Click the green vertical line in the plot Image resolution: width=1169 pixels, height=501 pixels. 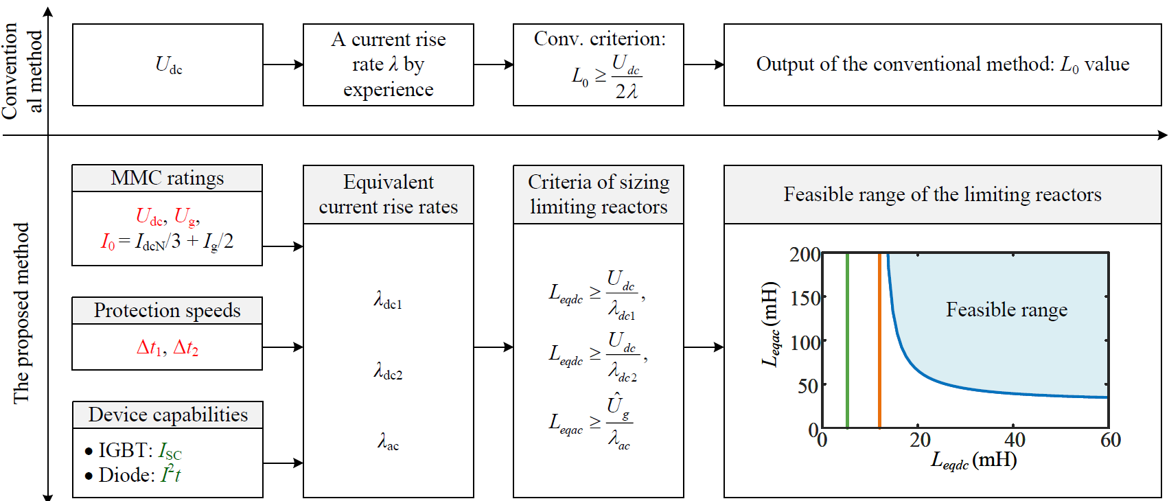(848, 343)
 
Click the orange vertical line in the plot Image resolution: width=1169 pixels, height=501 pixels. (879, 343)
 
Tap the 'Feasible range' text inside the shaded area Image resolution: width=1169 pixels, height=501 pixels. (1006, 310)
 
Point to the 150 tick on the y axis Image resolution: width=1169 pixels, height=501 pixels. (805, 298)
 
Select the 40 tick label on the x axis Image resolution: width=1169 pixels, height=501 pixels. (1015, 440)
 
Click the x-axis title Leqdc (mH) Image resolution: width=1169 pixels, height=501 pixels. (973, 460)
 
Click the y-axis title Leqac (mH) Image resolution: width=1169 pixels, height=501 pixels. (771, 324)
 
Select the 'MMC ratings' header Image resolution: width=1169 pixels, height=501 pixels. (167, 178)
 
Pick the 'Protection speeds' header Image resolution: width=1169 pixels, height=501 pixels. (167, 310)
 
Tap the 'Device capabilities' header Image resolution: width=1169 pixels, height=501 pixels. (167, 415)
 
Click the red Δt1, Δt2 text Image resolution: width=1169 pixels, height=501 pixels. (167, 348)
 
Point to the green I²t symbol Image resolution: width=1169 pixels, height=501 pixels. (170, 474)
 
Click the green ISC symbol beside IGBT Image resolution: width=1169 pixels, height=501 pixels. (170, 451)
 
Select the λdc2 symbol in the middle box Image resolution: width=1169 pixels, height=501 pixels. (388, 372)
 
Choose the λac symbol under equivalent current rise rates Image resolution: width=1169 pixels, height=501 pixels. (388, 442)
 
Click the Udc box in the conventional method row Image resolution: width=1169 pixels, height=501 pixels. (168, 65)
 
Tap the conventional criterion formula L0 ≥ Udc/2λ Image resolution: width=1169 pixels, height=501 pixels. (606, 77)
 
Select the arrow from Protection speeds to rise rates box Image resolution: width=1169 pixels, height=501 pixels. (283, 347)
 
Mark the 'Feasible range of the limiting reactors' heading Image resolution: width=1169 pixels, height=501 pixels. (942, 195)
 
